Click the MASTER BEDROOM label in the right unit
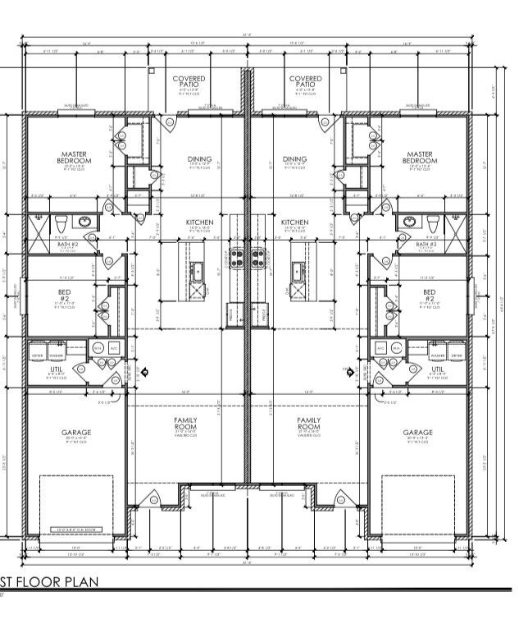[x=419, y=157]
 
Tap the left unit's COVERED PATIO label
[x=189, y=81]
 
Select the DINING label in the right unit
[x=294, y=159]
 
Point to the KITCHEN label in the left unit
[x=199, y=223]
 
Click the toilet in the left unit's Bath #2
[x=61, y=223]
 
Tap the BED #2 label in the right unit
[x=429, y=296]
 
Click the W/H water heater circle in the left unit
[x=98, y=348]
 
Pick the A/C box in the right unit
[x=380, y=348]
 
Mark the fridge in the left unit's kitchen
[x=232, y=313]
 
